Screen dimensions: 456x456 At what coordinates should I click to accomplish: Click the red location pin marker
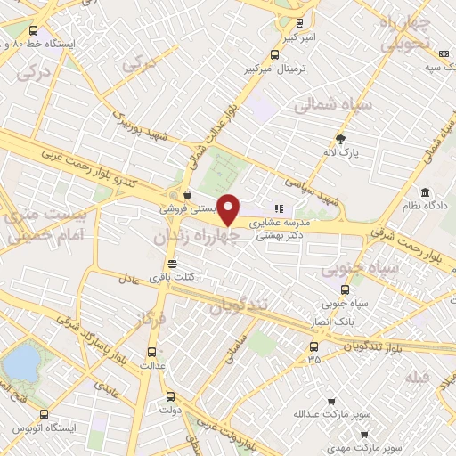pyautogui.click(x=229, y=211)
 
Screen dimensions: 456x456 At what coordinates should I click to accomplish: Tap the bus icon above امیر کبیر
pyautogui.click(x=298, y=24)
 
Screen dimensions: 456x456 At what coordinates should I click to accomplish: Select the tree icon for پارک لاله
pyautogui.click(x=340, y=137)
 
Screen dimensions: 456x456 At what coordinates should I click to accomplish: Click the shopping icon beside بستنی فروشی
pyautogui.click(x=187, y=195)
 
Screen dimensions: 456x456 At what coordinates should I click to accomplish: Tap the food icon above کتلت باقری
pyautogui.click(x=172, y=264)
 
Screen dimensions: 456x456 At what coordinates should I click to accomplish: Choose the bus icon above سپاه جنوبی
pyautogui.click(x=345, y=289)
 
